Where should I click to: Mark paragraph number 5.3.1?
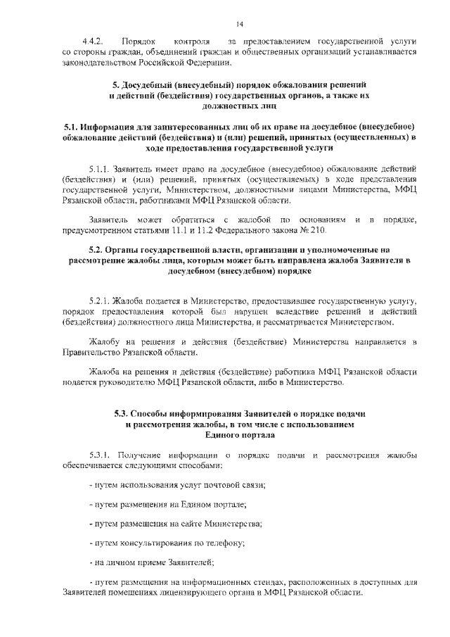(101, 455)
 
